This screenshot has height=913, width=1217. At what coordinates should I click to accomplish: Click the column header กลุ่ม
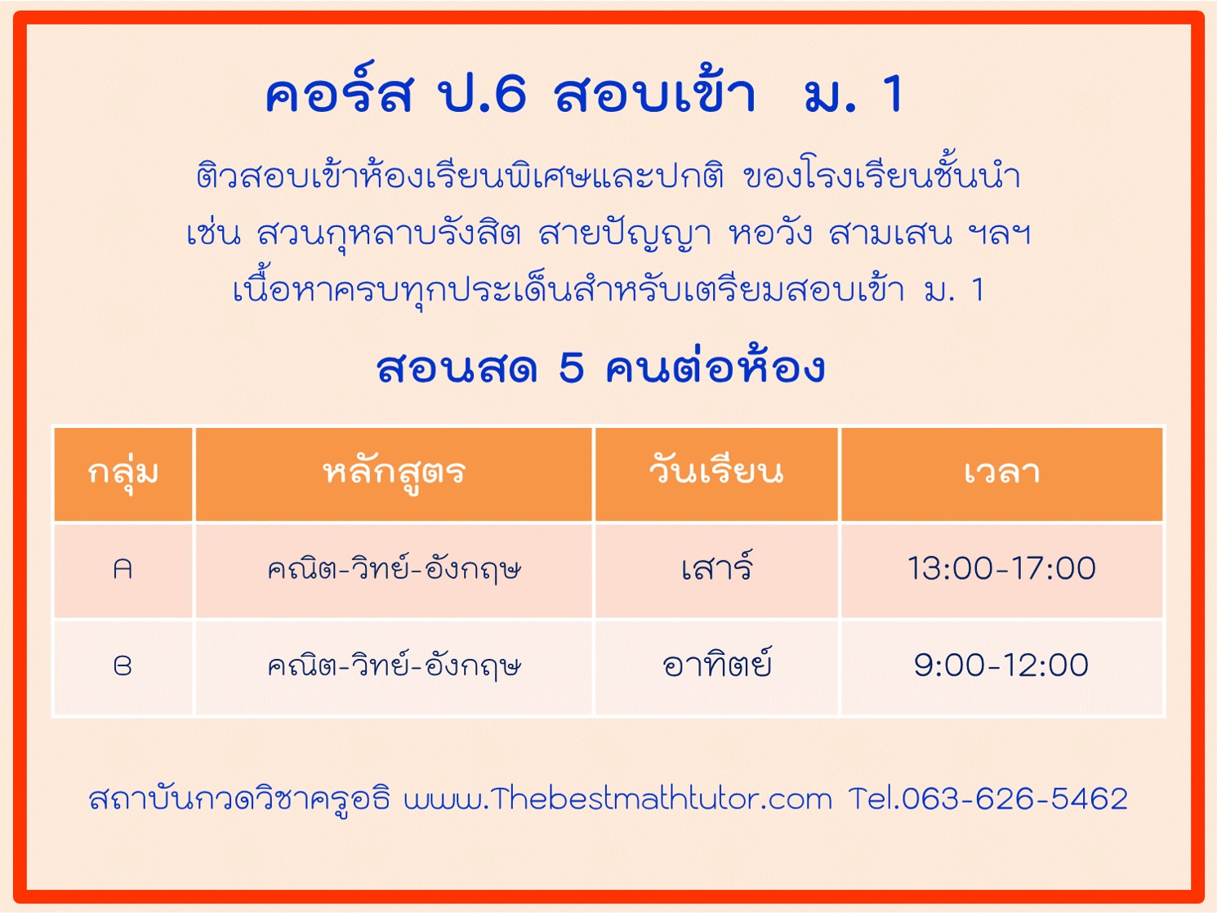[x=123, y=474]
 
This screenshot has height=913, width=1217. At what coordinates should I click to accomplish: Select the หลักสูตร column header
[x=395, y=474]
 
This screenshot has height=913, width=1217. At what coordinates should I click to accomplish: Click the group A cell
[x=123, y=569]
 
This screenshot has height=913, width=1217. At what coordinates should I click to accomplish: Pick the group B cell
[x=123, y=666]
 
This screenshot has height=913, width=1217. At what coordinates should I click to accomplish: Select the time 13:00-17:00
[x=1001, y=568]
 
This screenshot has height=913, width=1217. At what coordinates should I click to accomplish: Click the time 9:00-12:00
[x=1001, y=666]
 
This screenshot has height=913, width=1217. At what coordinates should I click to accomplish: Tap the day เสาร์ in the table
[x=717, y=567]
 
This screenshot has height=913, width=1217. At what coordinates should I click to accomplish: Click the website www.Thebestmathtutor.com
[x=617, y=799]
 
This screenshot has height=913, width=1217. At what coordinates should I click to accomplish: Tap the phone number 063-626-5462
[x=1014, y=799]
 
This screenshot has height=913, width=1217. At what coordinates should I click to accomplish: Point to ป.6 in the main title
[x=481, y=94]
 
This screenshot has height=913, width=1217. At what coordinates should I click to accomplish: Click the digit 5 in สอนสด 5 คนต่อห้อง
[x=572, y=368]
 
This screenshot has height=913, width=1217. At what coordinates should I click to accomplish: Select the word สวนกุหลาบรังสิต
[x=390, y=233]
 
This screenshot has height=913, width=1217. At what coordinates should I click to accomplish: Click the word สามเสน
[x=891, y=233]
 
